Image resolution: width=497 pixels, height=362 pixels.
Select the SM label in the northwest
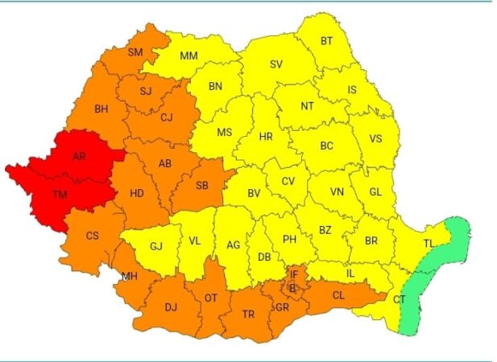[135, 54]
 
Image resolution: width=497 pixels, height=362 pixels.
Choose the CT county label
[400, 299]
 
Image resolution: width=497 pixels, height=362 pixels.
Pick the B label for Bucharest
[293, 287]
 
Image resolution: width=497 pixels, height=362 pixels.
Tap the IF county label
[294, 275]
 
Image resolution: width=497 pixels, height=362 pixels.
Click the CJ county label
[167, 117]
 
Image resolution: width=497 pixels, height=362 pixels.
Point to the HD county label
[137, 193]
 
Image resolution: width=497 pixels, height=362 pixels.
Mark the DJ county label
[171, 306]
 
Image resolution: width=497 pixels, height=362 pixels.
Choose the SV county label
[275, 64]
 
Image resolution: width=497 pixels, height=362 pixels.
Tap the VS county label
[375, 138]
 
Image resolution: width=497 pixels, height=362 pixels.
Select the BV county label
[254, 193]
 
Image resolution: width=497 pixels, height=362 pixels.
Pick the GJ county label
[156, 245]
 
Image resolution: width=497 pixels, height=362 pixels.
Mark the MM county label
[189, 56]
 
